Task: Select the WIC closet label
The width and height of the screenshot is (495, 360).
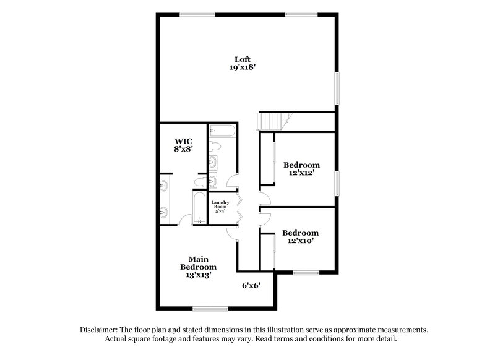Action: (183, 140)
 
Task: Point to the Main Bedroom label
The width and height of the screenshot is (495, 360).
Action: (198, 263)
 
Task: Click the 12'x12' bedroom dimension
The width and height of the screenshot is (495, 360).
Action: (301, 174)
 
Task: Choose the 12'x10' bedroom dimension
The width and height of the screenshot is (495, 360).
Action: (301, 242)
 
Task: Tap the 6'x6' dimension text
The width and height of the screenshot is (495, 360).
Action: (251, 285)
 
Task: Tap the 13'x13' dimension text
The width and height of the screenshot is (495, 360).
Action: (198, 276)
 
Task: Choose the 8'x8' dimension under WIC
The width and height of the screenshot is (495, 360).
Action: (183, 149)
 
